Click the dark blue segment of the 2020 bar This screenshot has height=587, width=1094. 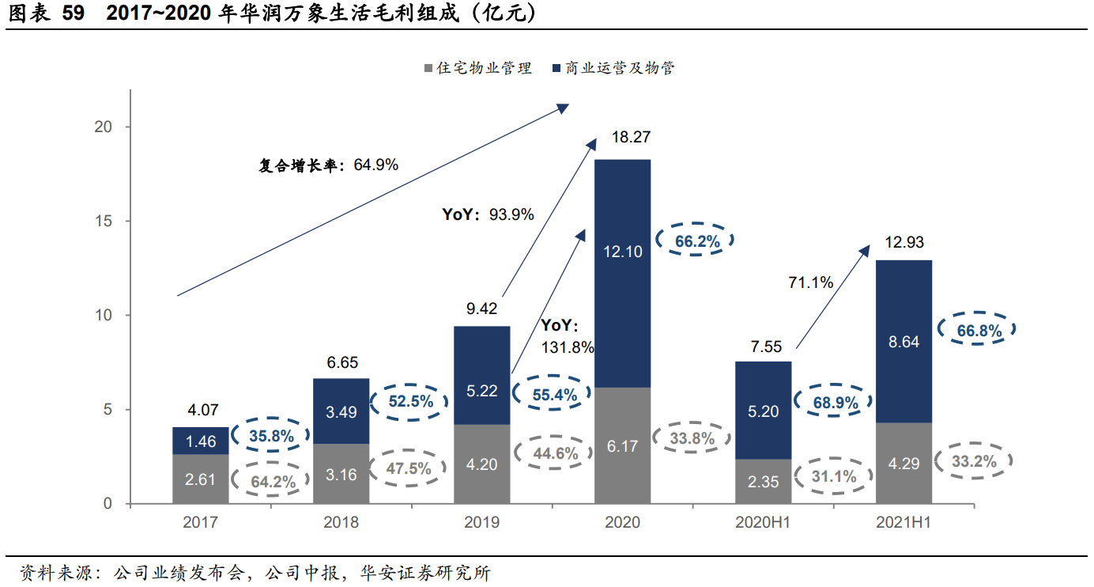tap(622, 273)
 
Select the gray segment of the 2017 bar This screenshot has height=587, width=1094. tap(201, 479)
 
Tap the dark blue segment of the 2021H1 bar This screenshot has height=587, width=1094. tap(903, 341)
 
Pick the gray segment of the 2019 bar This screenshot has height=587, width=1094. tap(481, 464)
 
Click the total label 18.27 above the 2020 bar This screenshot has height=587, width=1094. tap(631, 137)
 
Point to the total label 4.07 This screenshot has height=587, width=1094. tap(202, 411)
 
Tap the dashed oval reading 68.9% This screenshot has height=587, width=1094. tap(836, 403)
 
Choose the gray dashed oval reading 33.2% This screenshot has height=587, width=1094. tap(975, 461)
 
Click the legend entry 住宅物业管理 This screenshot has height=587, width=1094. tap(478, 68)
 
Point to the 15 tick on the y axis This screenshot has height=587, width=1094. tap(104, 221)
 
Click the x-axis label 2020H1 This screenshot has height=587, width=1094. tap(763, 522)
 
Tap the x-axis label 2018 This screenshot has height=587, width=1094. tap(341, 522)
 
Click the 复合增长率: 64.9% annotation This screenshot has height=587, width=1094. tap(328, 165)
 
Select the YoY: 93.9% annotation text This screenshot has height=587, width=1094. tap(488, 214)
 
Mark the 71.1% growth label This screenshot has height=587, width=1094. tap(810, 282)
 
